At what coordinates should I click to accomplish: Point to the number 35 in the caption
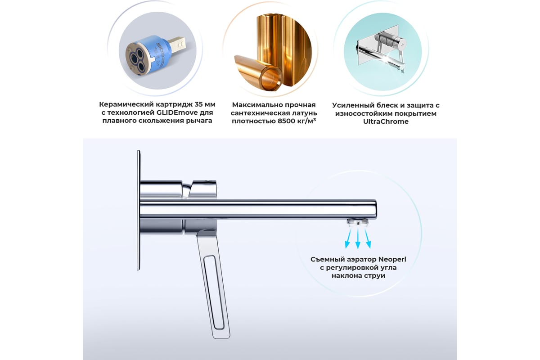[x=198, y=104]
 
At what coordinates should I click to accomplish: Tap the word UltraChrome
[x=386, y=121]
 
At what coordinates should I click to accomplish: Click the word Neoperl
[x=392, y=260]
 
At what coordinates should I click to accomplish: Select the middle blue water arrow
[x=358, y=238]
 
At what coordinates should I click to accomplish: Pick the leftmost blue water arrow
[x=348, y=238]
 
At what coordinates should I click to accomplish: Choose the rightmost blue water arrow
[x=368, y=238]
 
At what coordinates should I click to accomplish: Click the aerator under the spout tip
[x=358, y=222]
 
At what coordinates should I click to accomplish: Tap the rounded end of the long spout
[x=374, y=209]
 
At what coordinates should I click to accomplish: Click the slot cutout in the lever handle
[x=214, y=292]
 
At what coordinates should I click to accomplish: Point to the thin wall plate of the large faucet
[x=139, y=210]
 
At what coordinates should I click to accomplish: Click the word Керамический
[x=126, y=104]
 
